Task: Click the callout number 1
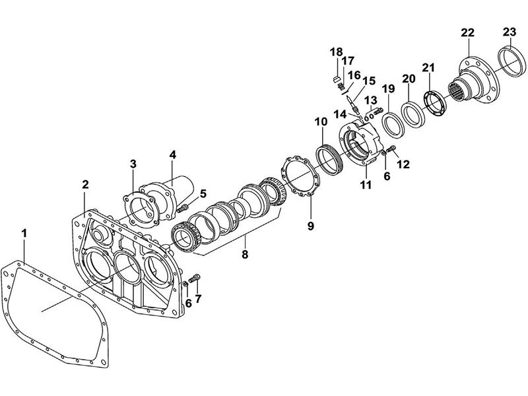click(x=24, y=233)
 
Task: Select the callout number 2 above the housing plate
click(x=86, y=184)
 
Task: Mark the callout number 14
click(x=340, y=114)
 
